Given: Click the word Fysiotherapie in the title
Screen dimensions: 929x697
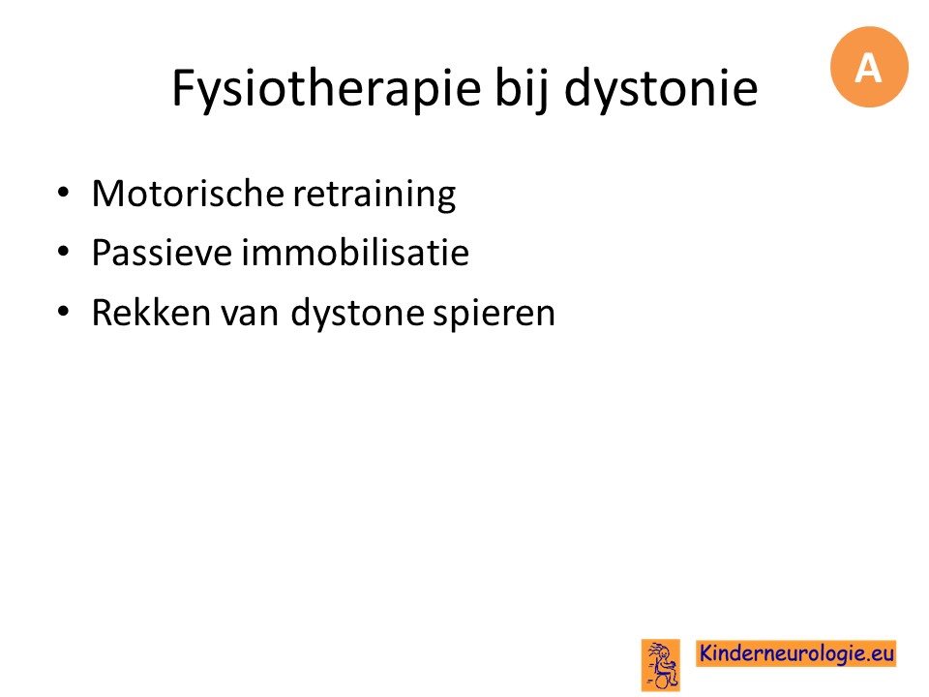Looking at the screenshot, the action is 326,89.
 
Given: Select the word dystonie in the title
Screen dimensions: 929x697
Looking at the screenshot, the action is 661,89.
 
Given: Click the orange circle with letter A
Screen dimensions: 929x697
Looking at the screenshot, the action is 869,67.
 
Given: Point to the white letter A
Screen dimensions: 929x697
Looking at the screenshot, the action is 868,68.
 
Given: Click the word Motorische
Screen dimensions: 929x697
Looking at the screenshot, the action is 188,194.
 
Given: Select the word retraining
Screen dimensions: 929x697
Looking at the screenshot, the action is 375,195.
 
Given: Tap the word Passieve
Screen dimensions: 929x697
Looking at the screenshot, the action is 162,253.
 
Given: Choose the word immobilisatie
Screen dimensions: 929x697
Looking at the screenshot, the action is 355,253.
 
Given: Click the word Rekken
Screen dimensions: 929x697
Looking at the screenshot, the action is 151,313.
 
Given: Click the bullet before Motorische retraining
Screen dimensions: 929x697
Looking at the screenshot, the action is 64,193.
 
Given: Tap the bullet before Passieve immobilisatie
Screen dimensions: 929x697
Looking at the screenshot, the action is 64,252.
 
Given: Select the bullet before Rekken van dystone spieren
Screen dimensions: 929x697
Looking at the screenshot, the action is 64,312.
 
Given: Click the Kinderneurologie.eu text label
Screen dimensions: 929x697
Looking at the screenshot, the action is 796,653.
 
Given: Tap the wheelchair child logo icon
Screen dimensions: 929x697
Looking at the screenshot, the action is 661,665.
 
